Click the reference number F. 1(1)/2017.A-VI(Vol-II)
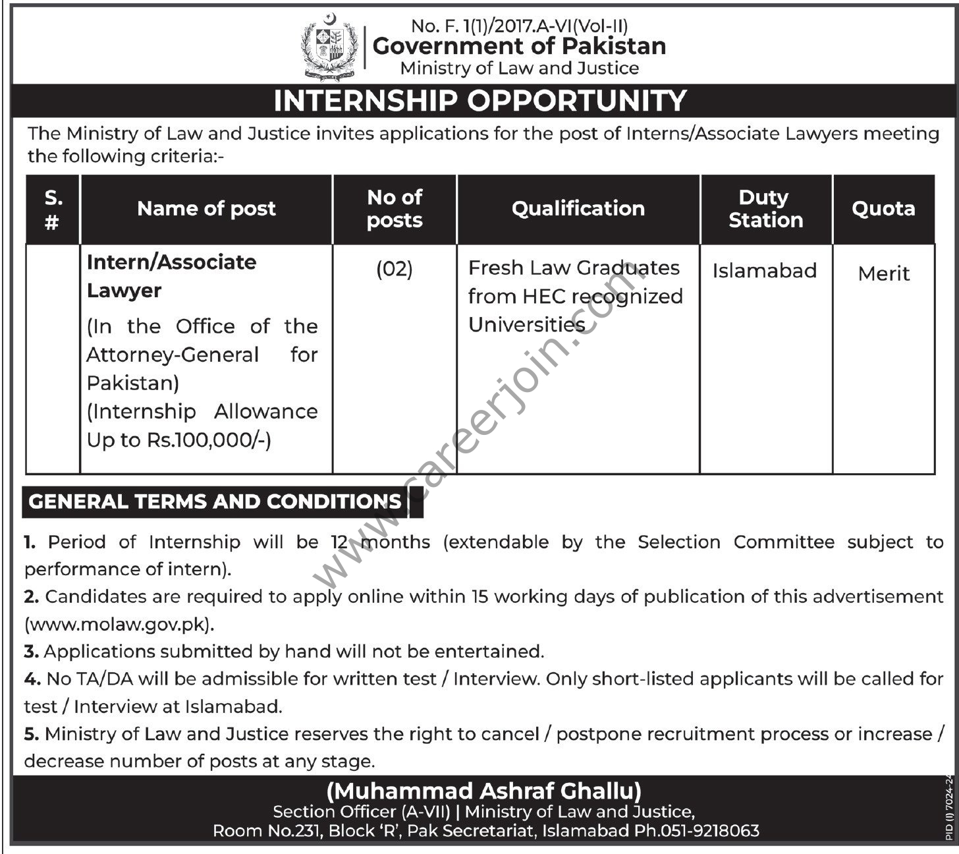pyautogui.click(x=520, y=26)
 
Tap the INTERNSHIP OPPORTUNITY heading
pyautogui.click(x=479, y=101)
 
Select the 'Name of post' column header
pyautogui.click(x=206, y=209)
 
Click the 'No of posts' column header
pyautogui.click(x=395, y=209)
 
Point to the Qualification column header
pyautogui.click(x=578, y=209)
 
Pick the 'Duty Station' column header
pyautogui.click(x=765, y=209)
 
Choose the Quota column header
pyautogui.click(x=883, y=209)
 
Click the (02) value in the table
pyautogui.click(x=394, y=270)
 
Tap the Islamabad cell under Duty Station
pyautogui.click(x=764, y=271)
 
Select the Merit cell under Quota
pyautogui.click(x=883, y=273)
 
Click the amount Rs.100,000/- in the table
pyautogui.click(x=209, y=440)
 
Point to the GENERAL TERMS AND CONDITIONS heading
pyautogui.click(x=215, y=502)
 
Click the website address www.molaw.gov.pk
pyautogui.click(x=119, y=624)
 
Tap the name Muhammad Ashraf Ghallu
pyautogui.click(x=484, y=790)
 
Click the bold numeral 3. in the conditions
pyautogui.click(x=31, y=652)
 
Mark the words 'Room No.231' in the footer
pyautogui.click(x=265, y=831)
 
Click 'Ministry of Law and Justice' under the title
pyautogui.click(x=519, y=69)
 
